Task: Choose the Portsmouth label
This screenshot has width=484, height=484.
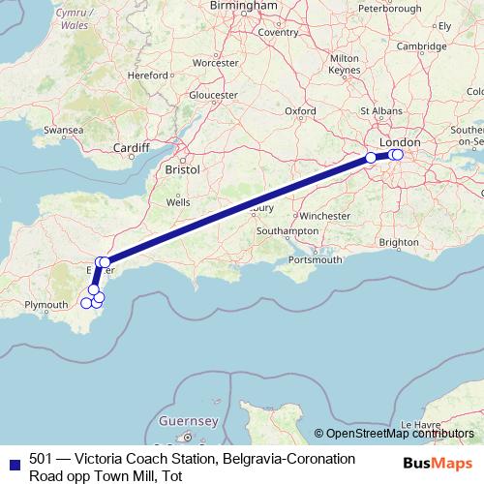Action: point(315,259)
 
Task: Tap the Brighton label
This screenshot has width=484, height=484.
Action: point(400,241)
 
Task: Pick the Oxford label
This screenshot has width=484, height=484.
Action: point(300,111)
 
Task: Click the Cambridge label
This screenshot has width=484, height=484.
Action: point(421,45)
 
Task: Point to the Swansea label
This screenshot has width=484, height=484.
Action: point(63,129)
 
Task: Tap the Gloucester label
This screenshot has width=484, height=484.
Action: point(213,95)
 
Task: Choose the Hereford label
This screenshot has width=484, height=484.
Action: point(149,74)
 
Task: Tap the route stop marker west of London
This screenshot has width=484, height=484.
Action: point(371,157)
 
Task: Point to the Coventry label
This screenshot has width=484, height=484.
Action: point(278,32)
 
